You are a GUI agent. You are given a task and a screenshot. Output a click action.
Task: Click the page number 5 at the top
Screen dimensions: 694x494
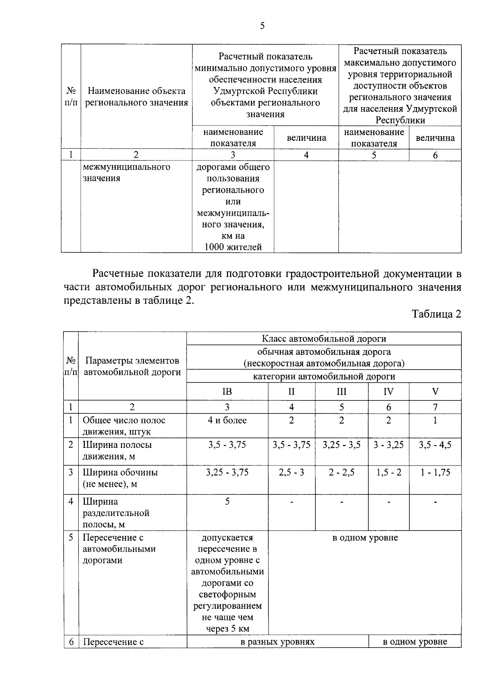coord(262,26)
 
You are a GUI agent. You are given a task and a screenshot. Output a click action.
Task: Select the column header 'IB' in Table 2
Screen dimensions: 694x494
coord(227,391)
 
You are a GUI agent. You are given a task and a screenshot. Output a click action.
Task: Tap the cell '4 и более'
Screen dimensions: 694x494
coord(227,420)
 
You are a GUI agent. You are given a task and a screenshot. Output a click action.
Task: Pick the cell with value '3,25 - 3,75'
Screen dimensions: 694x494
coord(227,472)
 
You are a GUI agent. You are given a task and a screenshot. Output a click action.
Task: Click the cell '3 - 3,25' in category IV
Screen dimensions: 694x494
coord(388,445)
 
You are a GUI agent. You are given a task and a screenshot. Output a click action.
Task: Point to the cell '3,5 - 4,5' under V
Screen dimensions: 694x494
coord(435,445)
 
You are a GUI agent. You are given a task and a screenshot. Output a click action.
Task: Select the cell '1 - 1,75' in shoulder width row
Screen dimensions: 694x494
coord(435,472)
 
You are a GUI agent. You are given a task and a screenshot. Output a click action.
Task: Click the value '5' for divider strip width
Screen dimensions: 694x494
coord(227,501)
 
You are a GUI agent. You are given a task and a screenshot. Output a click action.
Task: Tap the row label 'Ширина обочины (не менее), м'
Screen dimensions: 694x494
coord(120,478)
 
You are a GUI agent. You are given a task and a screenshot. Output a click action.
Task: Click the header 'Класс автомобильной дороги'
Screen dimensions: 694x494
coord(324,339)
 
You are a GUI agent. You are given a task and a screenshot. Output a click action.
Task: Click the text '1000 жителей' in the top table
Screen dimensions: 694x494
coord(233,247)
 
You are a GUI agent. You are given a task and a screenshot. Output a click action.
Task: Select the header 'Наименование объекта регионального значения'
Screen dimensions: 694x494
coord(136,97)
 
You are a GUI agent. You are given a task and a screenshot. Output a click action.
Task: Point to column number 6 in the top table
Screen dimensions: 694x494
coord(435,155)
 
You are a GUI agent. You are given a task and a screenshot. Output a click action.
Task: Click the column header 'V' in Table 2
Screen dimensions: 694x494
coord(435,391)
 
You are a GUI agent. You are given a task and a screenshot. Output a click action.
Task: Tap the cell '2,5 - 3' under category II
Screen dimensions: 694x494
coord(291,472)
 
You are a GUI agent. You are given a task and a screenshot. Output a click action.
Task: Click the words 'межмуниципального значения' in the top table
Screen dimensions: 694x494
coord(126,172)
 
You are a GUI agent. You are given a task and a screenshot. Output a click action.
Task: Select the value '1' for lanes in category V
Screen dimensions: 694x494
coord(435,420)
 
